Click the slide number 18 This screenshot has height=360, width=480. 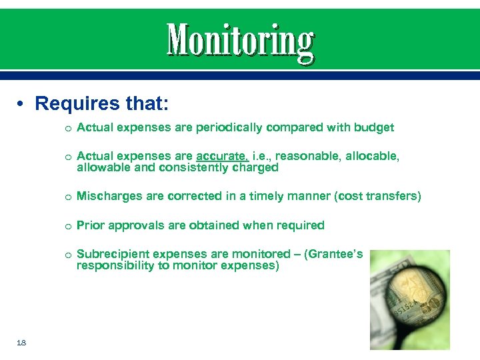pos(21,342)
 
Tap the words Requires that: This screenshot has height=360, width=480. pos(102,103)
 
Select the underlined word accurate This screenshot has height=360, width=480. pos(223,156)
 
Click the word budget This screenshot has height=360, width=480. pos(373,127)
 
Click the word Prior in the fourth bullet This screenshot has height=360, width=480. pos(90,225)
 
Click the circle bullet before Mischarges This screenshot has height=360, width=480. pos(68,197)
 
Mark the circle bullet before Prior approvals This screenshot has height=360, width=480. pos(68,226)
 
